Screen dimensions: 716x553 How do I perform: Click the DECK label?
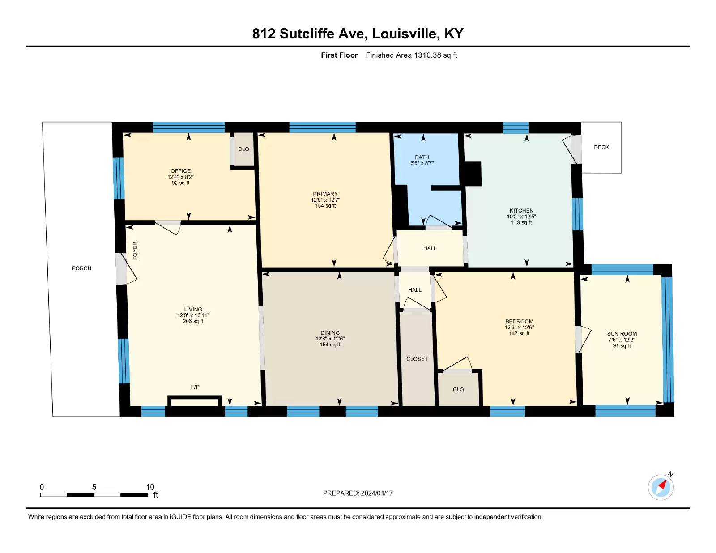(601, 147)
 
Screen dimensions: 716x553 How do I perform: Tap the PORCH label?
(81, 268)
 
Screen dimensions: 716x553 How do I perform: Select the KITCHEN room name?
(521, 211)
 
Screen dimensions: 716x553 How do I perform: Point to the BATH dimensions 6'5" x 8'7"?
(422, 163)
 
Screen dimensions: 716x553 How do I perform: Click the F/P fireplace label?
(195, 387)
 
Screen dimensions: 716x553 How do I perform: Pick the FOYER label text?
(135, 251)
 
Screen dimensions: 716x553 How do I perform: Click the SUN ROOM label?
(622, 334)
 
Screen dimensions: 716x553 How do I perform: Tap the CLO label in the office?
(243, 149)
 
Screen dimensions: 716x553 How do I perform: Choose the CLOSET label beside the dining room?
(417, 359)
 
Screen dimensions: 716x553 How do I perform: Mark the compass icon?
(661, 487)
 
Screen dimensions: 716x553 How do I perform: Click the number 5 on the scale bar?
(94, 487)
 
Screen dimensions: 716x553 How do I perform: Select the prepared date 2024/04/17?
(377, 493)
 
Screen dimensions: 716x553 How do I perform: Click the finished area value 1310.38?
(427, 55)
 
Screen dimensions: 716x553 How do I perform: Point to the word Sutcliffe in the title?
(322, 34)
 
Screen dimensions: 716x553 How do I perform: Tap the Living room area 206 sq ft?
(193, 321)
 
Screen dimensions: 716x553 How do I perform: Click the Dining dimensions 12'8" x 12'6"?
(330, 339)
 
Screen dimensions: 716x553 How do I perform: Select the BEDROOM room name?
(519, 321)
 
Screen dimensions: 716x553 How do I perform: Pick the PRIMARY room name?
(325, 194)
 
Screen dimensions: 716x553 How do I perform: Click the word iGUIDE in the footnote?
(180, 517)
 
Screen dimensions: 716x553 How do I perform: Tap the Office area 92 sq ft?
(180, 183)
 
